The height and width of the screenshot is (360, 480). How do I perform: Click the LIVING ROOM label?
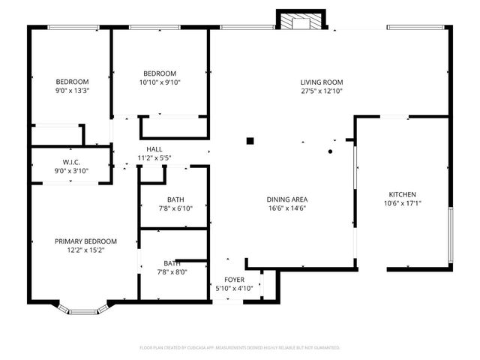pyautogui.click(x=322, y=82)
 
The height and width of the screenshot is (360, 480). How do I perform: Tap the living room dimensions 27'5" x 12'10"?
pyautogui.click(x=322, y=91)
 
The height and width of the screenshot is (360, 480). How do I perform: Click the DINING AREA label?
pyautogui.click(x=286, y=199)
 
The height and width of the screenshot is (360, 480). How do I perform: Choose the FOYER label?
pyautogui.click(x=234, y=279)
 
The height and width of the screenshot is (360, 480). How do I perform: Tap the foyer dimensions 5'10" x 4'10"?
pyautogui.click(x=234, y=288)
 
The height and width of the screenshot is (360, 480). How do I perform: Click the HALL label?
pyautogui.click(x=154, y=149)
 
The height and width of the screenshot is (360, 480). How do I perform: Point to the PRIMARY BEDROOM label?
pyautogui.click(x=85, y=241)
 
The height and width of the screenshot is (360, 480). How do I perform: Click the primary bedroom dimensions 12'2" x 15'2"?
pyautogui.click(x=85, y=250)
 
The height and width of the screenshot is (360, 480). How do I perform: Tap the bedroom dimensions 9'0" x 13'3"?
pyautogui.click(x=72, y=91)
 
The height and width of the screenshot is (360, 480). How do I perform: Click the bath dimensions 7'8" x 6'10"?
pyautogui.click(x=175, y=208)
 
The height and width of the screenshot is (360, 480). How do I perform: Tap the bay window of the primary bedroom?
pyautogui.click(x=84, y=307)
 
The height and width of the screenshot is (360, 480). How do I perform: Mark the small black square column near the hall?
pyautogui.click(x=250, y=139)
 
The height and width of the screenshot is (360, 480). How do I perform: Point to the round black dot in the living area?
pyautogui.click(x=330, y=151)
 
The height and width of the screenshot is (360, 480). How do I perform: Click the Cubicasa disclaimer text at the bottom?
pyautogui.click(x=240, y=348)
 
